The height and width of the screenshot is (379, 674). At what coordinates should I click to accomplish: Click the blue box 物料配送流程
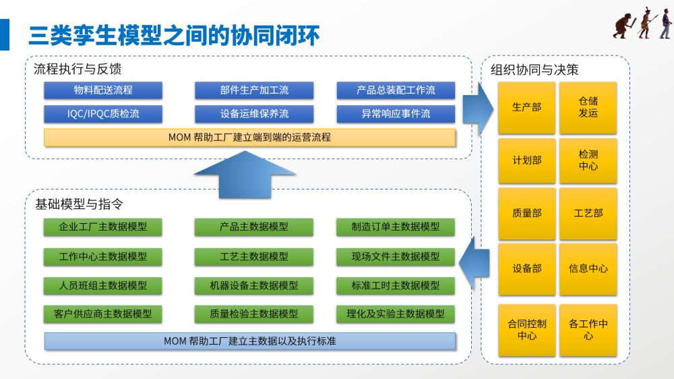click(103, 90)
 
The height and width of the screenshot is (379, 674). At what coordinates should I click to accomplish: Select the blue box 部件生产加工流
click(254, 90)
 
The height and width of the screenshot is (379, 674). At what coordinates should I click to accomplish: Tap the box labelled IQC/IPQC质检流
click(103, 113)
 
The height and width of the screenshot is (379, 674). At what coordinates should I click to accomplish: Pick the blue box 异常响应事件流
click(396, 113)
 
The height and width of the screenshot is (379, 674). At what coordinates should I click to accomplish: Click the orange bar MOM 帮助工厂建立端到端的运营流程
click(249, 137)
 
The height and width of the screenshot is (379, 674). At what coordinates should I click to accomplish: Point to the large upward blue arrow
click(245, 175)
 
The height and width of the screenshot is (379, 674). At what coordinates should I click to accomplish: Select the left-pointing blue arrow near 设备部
click(474, 267)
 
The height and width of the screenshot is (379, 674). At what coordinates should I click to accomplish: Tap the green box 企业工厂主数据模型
click(103, 227)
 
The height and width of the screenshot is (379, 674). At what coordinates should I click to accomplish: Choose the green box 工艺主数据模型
click(254, 256)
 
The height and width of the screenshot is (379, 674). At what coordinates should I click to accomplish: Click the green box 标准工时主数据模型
click(396, 285)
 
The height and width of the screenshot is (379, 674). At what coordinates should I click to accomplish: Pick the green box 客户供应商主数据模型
click(103, 314)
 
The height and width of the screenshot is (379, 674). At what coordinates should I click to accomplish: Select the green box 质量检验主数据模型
click(254, 314)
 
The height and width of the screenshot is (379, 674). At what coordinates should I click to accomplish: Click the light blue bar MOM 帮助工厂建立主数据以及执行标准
click(249, 341)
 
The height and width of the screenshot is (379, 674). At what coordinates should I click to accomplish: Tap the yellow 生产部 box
click(526, 107)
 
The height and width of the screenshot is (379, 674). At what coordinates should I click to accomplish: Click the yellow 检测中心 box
click(588, 161)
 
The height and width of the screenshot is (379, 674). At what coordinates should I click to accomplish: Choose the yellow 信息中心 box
click(588, 268)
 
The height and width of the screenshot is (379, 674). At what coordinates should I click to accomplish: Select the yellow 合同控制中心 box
click(526, 330)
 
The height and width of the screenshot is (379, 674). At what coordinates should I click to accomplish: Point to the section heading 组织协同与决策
click(534, 69)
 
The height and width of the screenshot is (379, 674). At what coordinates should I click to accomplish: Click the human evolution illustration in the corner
click(641, 24)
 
